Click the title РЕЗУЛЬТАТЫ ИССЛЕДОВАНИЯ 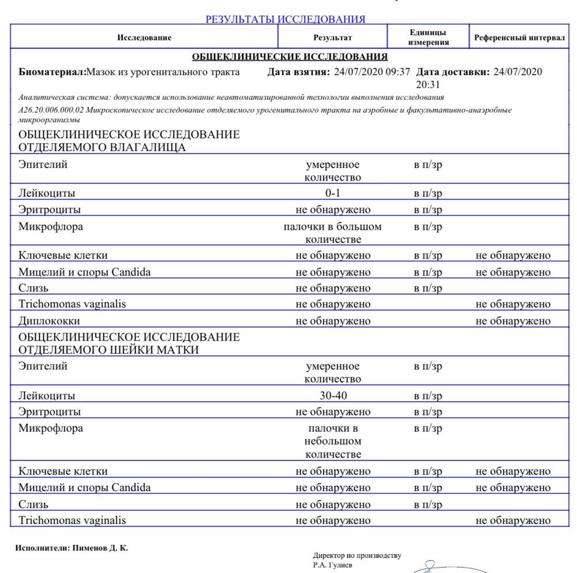click(285, 19)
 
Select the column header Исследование click(144, 38)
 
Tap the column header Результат click(332, 38)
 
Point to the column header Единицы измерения click(428, 38)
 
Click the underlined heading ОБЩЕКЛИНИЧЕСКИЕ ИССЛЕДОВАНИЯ click(289, 57)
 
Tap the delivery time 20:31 click(427, 84)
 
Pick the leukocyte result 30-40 click(333, 395)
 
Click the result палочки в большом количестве click(333, 233)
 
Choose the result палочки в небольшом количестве click(333, 441)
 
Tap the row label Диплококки click(49, 321)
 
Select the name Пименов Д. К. click(100, 548)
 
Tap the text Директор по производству click(357, 556)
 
